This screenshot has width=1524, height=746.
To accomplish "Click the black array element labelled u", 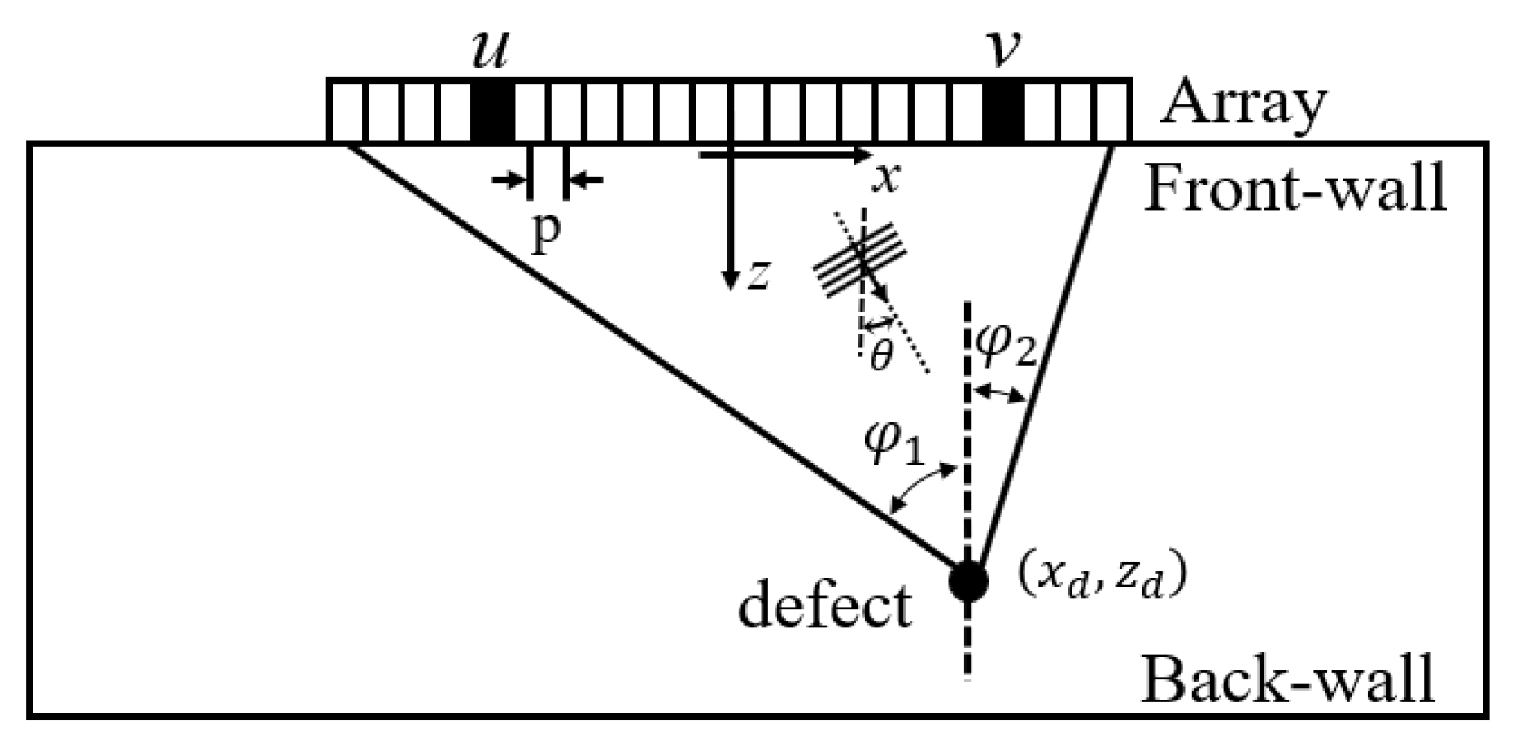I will [493, 111].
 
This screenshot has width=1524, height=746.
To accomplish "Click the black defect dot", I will [968, 581].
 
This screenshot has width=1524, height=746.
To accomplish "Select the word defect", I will [823, 605].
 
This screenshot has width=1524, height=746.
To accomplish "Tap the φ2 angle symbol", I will [1006, 347].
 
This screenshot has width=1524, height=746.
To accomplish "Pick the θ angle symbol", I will [880, 356].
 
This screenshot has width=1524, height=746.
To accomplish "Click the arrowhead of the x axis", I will [864, 154].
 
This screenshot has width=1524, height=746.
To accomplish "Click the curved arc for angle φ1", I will [924, 486].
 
